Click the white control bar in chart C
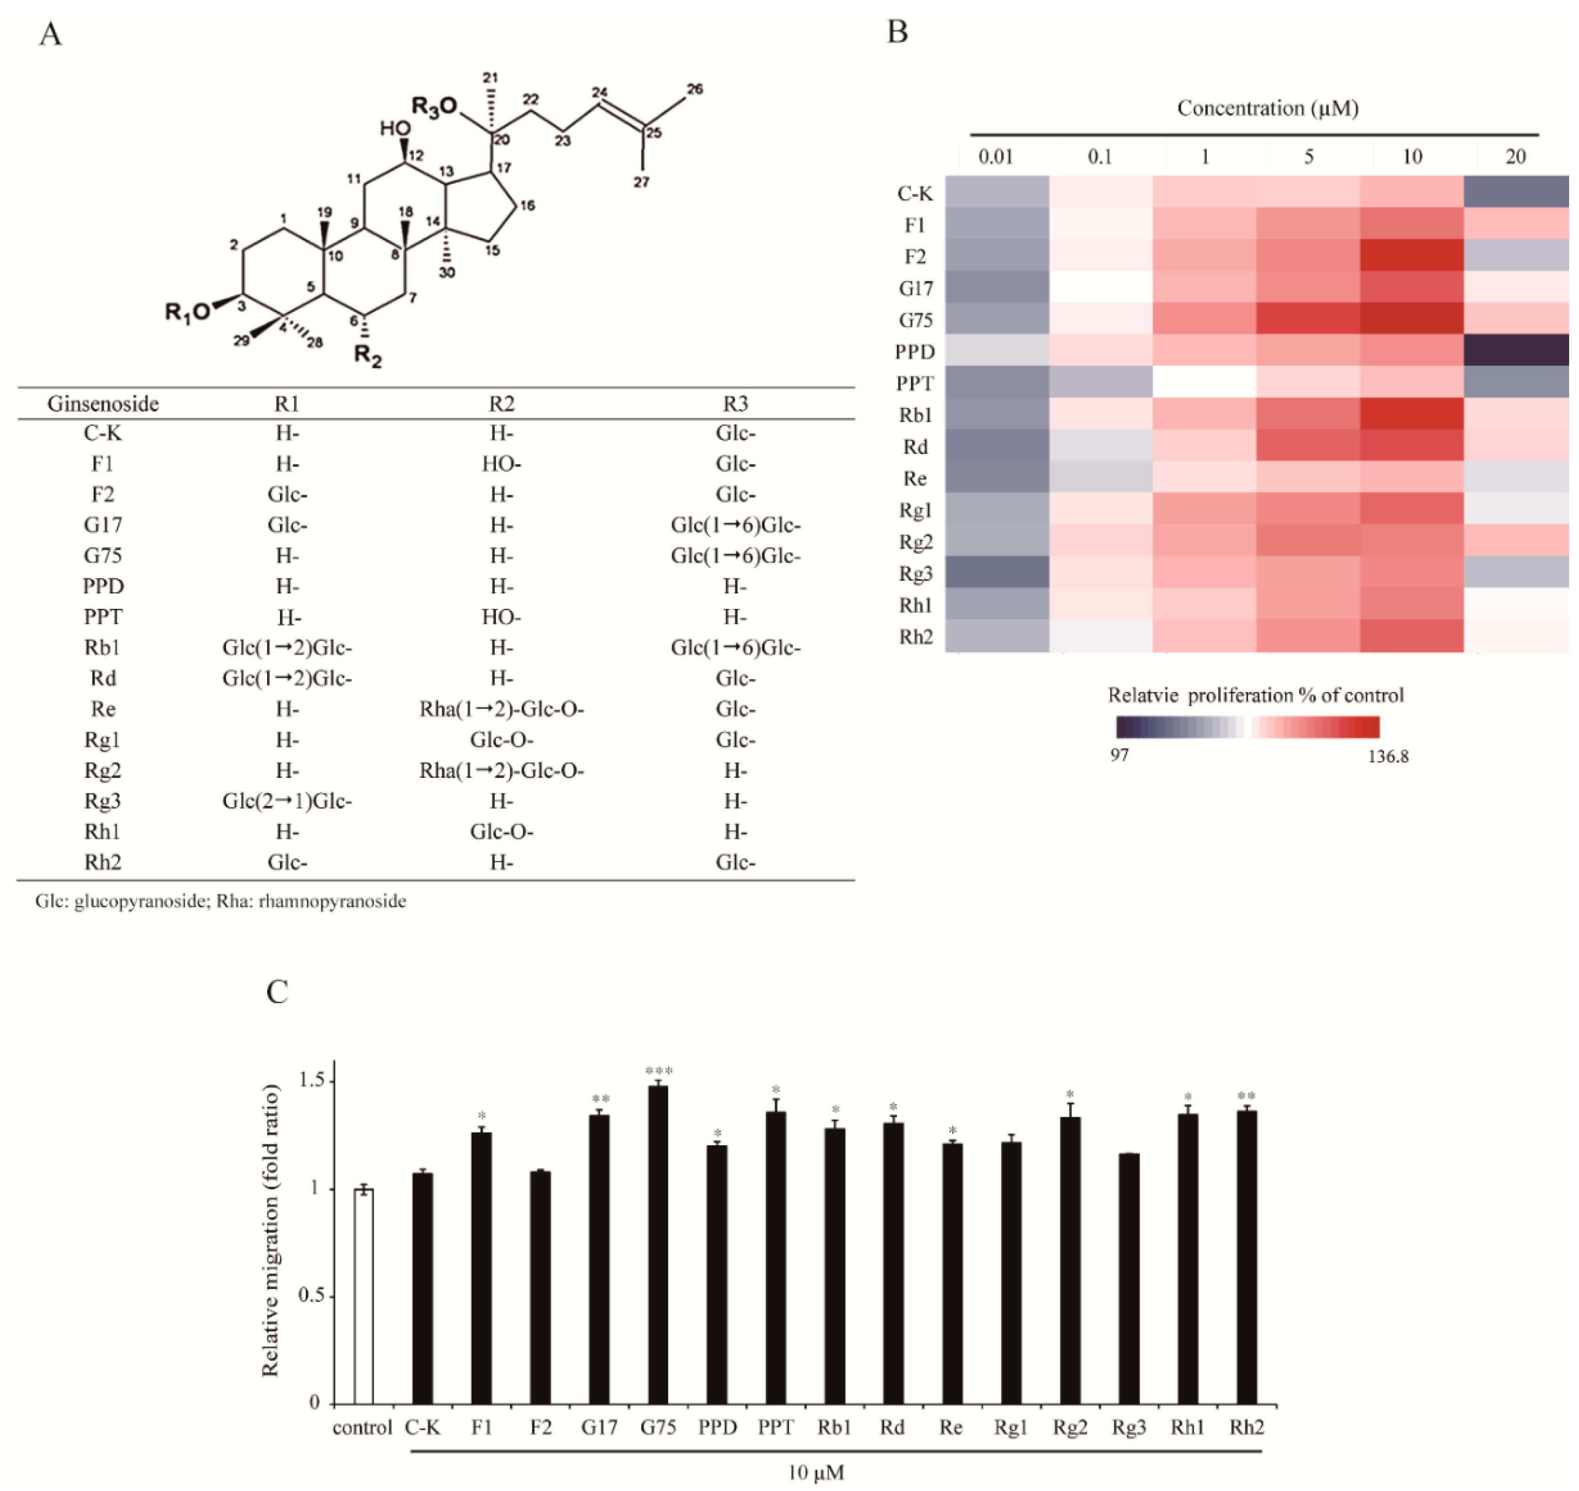363,1296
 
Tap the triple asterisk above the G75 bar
659,1070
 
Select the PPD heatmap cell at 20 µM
1515,350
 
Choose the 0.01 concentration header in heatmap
995,156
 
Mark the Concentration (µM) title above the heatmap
1267,108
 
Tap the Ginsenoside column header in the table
103,404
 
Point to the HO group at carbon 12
395,129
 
